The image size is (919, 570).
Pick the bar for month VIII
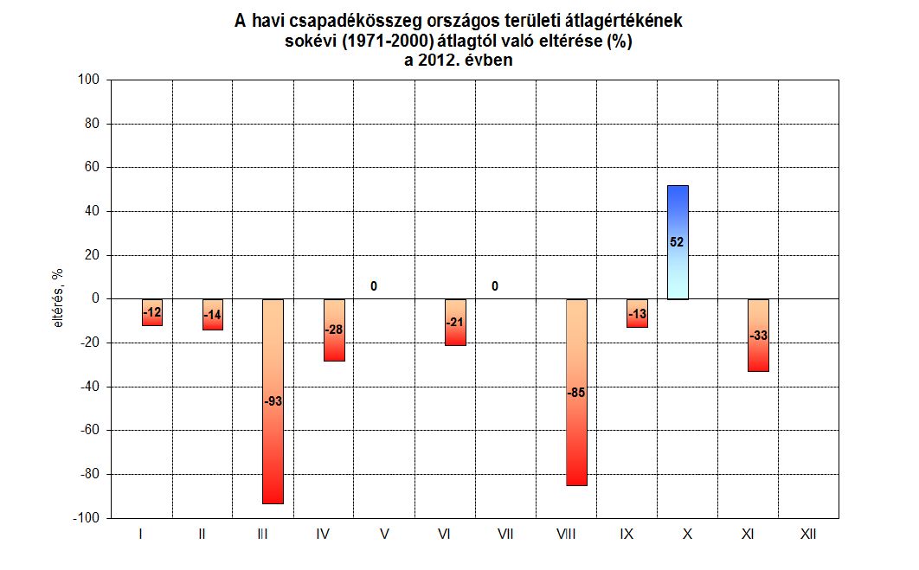(576, 432)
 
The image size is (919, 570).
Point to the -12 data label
(151, 311)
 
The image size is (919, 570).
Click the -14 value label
(212, 316)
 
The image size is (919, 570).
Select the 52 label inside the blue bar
(678, 243)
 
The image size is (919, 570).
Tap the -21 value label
(455, 323)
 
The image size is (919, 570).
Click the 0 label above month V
(374, 286)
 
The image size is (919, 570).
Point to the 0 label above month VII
(495, 286)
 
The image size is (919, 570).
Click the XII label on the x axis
(808, 535)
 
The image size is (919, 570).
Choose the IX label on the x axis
(627, 535)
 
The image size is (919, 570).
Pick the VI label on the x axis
(445, 535)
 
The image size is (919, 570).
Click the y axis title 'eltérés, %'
(57, 299)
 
